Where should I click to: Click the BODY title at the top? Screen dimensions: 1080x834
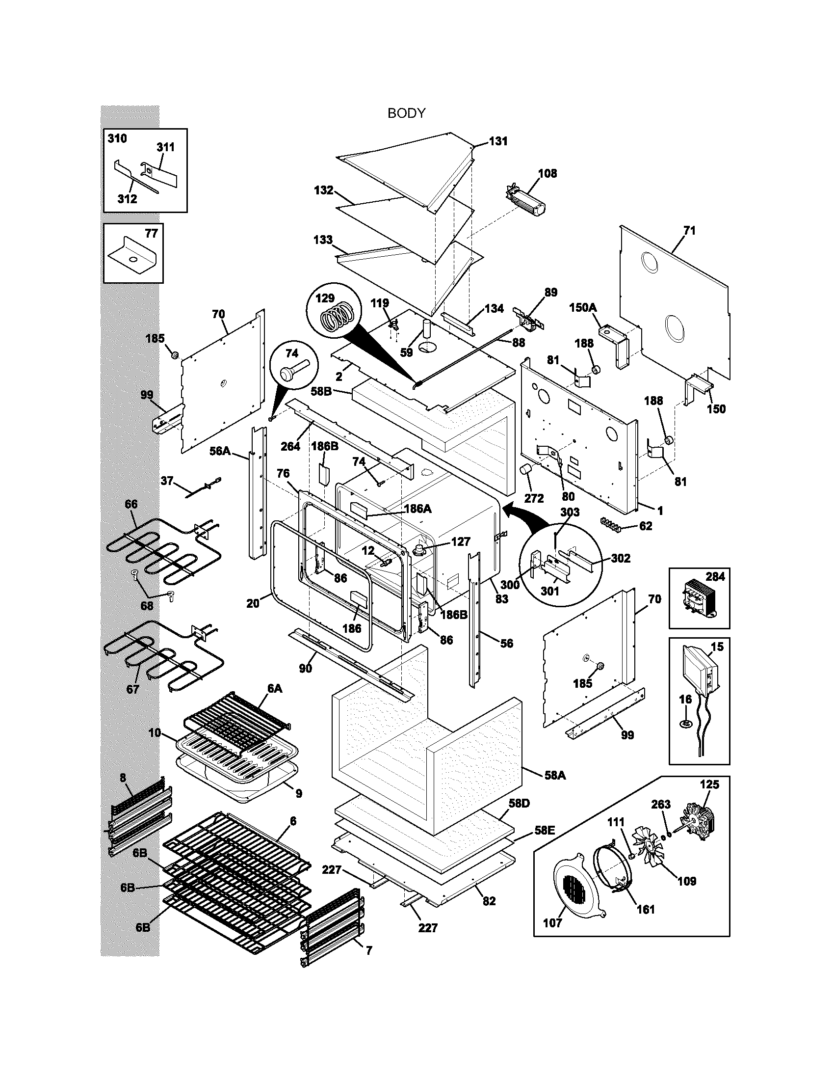[x=406, y=113]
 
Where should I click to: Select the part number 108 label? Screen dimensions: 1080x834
[x=547, y=174]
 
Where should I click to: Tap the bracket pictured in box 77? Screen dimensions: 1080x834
[x=132, y=257]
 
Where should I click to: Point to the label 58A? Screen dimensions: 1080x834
[x=555, y=775]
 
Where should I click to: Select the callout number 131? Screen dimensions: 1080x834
[x=498, y=141]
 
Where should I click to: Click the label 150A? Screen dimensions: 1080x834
[x=582, y=308]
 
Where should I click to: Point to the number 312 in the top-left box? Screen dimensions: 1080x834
[x=127, y=199]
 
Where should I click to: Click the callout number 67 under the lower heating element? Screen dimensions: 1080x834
[x=132, y=689]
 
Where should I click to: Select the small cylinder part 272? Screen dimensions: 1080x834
[x=527, y=469]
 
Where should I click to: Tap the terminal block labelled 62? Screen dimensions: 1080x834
[x=610, y=523]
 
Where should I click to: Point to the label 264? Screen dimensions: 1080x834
[x=290, y=446]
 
